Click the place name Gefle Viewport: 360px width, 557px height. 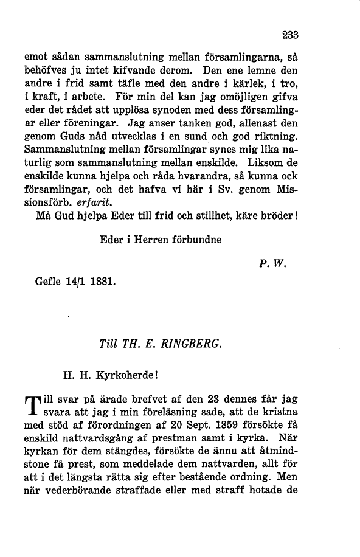(x=48, y=283)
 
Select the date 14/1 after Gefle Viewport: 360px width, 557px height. (x=74, y=283)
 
